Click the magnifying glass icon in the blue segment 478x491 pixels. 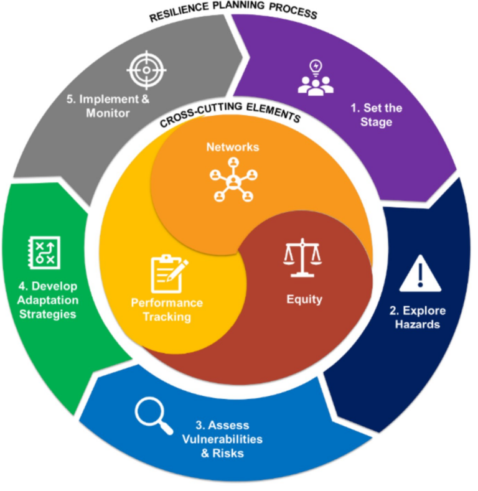coord(154,413)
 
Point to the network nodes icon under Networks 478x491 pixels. coord(233,180)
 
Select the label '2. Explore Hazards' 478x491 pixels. coord(418,318)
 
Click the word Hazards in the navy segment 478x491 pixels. coord(418,325)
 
